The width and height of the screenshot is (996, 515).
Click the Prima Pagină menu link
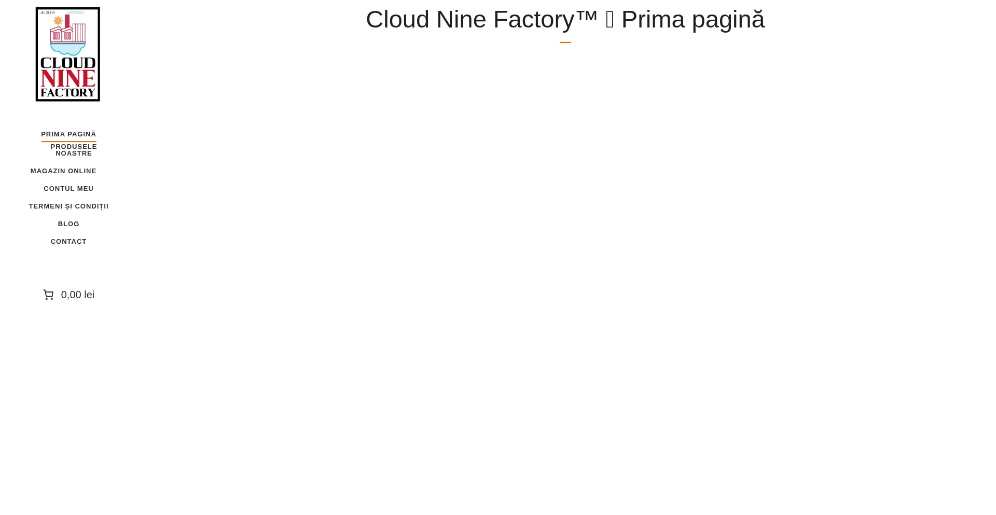tap(68, 134)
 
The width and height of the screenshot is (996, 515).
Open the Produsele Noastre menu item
tap(74, 150)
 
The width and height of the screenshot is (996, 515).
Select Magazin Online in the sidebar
tap(63, 171)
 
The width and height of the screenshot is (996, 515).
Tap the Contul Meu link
tap(68, 189)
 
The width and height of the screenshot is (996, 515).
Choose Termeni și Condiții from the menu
tap(68, 206)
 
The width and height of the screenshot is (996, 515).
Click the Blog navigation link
tap(68, 224)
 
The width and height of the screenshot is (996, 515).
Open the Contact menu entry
tap(68, 242)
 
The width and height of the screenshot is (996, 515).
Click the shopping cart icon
tap(48, 295)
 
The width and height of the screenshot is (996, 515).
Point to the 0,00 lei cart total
tap(78, 295)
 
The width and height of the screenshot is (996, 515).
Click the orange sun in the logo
tap(58, 21)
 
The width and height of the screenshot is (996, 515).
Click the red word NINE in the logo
tap(68, 78)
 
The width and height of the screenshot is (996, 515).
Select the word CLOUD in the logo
tap(68, 63)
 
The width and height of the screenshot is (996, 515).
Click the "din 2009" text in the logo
tap(48, 12)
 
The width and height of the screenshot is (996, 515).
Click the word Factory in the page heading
tap(533, 20)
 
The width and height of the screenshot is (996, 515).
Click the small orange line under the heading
tap(565, 43)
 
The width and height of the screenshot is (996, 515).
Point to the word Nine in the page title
tap(461, 20)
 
